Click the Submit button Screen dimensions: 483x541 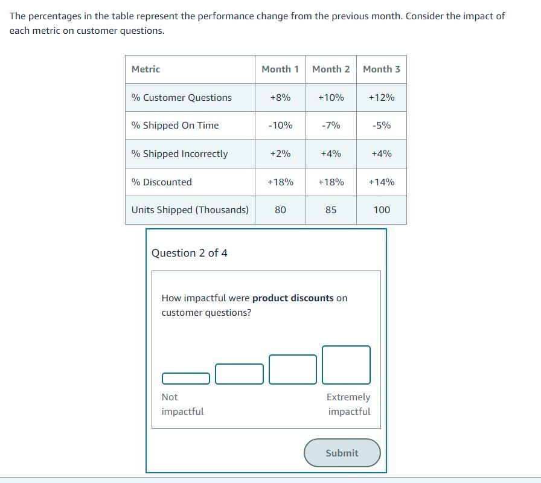click(x=342, y=453)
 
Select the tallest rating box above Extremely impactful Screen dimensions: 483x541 click(x=346, y=365)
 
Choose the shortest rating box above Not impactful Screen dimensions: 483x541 click(x=186, y=379)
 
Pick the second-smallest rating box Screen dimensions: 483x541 click(x=239, y=374)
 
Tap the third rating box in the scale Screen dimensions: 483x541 click(x=292, y=369)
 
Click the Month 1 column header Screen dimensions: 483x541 click(x=280, y=69)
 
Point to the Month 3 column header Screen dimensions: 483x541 click(x=382, y=69)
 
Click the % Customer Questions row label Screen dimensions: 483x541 click(x=182, y=98)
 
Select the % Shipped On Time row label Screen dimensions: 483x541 click(x=175, y=126)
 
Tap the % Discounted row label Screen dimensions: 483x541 click(x=162, y=182)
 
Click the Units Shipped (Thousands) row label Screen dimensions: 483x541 click(x=190, y=210)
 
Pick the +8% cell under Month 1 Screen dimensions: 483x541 click(x=280, y=98)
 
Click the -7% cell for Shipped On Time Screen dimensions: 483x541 click(x=331, y=126)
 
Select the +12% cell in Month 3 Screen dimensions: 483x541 click(x=382, y=98)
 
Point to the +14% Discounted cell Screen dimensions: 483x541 click(x=382, y=182)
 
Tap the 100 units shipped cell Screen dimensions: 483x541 click(x=382, y=210)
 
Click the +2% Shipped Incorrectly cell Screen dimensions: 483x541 click(x=280, y=154)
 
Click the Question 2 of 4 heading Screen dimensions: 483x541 click(x=190, y=253)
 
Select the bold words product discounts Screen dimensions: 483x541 click(x=293, y=298)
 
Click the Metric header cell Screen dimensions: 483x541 click(x=146, y=69)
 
